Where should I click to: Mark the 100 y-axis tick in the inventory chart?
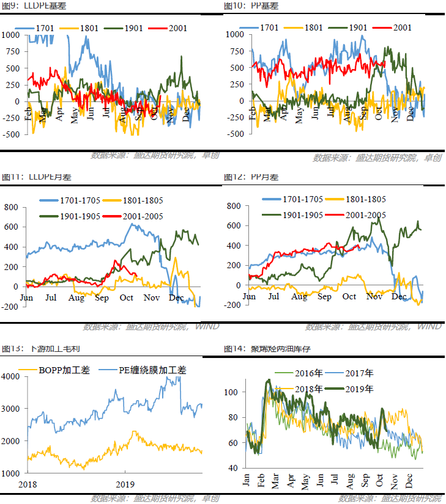point(232,392)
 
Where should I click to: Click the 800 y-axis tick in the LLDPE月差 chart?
point(12,207)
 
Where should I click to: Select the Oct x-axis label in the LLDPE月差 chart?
point(126,298)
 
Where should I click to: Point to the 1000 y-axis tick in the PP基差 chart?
point(236,35)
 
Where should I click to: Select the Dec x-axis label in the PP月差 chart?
point(399,296)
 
